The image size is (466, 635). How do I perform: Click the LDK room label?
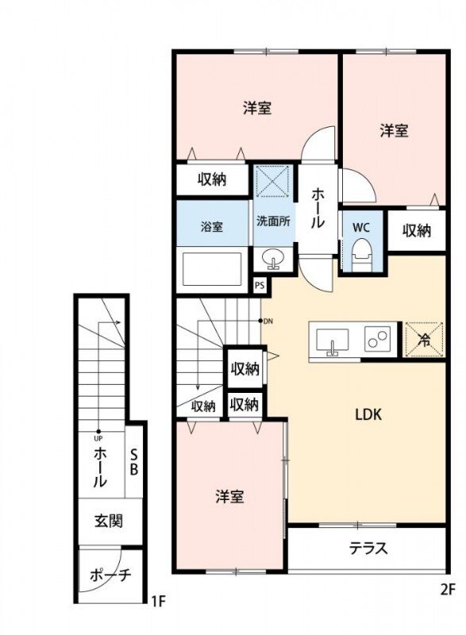(x=368, y=414)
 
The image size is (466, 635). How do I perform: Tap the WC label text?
(x=361, y=227)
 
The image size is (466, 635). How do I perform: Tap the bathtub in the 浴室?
(x=212, y=269)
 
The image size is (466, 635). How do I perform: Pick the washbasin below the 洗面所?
(x=273, y=259)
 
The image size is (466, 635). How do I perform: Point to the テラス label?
(x=368, y=548)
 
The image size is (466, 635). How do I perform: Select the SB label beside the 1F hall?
(x=134, y=460)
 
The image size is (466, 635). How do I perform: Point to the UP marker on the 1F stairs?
(x=98, y=437)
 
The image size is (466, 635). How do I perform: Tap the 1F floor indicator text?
(x=158, y=601)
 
